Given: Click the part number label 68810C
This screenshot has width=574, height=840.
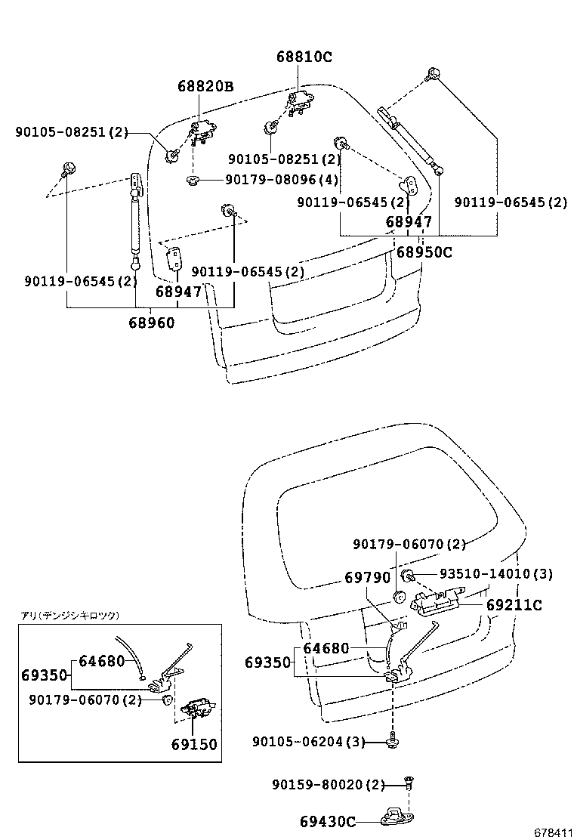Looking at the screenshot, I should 304,57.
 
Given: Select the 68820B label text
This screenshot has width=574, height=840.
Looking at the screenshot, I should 205,87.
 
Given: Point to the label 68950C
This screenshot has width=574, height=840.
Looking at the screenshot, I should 424,252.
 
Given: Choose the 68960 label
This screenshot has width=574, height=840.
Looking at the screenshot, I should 151,323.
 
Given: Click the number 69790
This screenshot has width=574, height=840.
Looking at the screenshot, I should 368,578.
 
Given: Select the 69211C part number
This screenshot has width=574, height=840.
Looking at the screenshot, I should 514,605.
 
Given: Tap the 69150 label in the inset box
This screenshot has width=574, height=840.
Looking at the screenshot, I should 193,744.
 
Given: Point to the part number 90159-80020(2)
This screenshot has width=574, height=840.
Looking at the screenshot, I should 329,785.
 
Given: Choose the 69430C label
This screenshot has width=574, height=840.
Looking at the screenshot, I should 327,820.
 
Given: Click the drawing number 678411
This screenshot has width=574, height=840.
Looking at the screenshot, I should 552,832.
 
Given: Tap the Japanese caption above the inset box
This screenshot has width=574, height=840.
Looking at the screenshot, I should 69,616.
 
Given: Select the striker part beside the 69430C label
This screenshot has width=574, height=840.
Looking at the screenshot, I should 397,816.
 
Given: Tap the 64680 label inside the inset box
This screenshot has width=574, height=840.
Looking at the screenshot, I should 101,661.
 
